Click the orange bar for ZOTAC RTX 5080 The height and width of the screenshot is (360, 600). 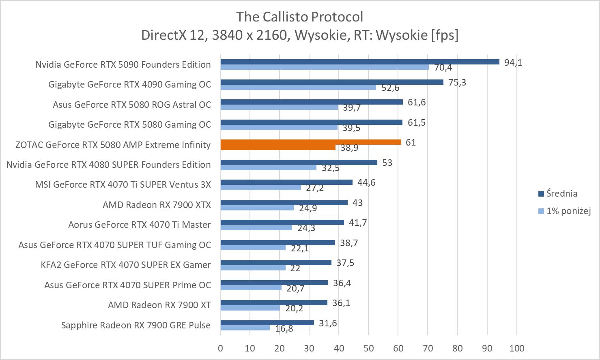(311, 142)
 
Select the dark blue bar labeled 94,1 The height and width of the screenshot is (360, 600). (360, 62)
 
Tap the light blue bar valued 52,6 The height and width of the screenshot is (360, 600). (298, 87)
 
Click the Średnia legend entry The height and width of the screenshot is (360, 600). (561, 194)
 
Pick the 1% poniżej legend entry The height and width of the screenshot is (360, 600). (568, 211)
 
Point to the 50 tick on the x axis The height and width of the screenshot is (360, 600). (368, 348)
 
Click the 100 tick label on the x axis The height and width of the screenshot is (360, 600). (516, 348)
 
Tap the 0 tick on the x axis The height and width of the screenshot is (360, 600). (220, 348)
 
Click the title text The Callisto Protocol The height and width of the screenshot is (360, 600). (300, 17)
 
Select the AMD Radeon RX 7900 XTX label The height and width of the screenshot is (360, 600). (157, 205)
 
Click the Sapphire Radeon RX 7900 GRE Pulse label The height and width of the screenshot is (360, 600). (136, 325)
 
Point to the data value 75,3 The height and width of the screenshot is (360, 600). (457, 82)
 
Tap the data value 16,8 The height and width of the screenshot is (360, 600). (284, 328)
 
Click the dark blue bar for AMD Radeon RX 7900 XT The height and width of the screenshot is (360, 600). (274, 302)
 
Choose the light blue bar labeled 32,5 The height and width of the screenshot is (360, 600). (268, 167)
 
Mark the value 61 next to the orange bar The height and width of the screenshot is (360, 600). (411, 142)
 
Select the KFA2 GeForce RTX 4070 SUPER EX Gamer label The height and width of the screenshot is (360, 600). (126, 265)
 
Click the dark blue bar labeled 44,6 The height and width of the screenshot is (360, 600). (286, 182)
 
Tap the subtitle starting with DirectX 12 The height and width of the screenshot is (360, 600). (300, 35)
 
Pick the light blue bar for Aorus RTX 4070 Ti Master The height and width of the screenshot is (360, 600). (256, 227)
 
